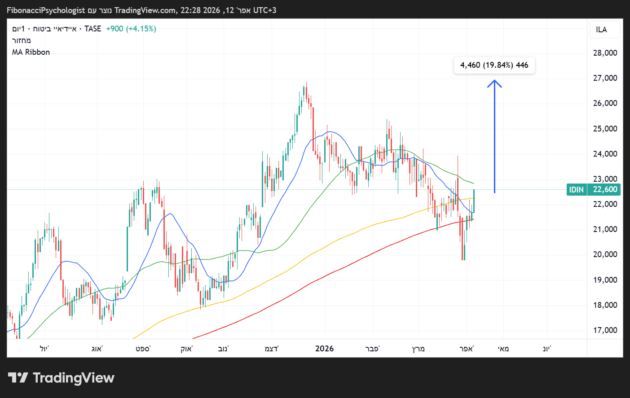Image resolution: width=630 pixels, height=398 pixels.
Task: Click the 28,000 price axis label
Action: click(x=605, y=53)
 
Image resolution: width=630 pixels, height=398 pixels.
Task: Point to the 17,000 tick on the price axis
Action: click(x=605, y=330)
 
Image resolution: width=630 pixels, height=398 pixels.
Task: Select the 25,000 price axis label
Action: click(x=605, y=129)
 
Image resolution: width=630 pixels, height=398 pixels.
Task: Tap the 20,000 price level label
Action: click(x=605, y=254)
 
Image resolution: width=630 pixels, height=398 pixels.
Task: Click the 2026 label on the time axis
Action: click(x=324, y=349)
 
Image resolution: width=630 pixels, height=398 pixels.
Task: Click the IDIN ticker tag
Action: click(x=576, y=189)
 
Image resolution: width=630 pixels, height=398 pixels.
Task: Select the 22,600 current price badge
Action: click(x=605, y=189)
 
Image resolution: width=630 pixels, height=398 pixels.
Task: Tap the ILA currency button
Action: click(x=601, y=30)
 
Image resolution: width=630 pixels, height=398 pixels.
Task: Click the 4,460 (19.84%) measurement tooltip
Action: click(x=494, y=65)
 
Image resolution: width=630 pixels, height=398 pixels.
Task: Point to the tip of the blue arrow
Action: click(x=494, y=81)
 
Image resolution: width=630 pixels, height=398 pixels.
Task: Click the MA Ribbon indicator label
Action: click(x=31, y=52)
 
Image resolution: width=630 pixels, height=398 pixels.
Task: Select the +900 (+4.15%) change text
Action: click(x=131, y=29)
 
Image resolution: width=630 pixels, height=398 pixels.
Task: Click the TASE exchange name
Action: click(x=93, y=29)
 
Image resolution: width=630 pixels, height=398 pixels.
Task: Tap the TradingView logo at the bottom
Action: click(x=62, y=378)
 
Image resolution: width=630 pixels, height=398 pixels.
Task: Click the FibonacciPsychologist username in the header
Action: click(x=46, y=10)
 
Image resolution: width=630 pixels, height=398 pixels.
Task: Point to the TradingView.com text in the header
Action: click(x=145, y=10)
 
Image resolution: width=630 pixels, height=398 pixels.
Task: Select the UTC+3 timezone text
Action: click(x=265, y=10)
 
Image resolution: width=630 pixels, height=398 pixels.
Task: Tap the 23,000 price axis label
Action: click(x=605, y=179)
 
